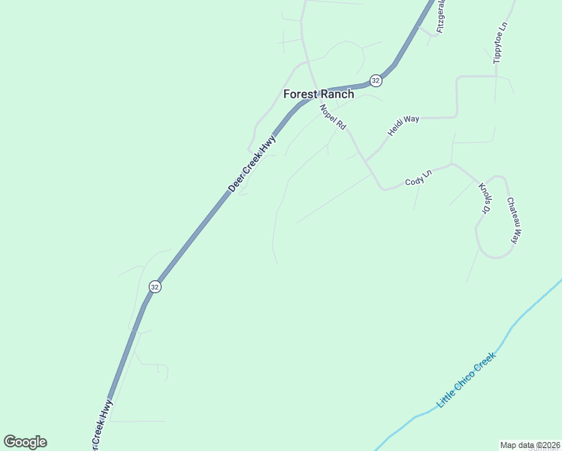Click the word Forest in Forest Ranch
[x=300, y=95]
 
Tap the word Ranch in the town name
[x=337, y=95]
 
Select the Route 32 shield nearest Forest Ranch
[x=376, y=80]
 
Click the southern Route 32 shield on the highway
[x=155, y=286]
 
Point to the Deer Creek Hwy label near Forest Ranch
[x=252, y=164]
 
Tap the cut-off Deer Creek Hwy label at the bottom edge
[x=101, y=426]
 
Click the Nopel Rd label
[x=332, y=118]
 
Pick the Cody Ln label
[x=418, y=178]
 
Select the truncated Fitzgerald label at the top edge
[x=442, y=15]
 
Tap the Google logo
[x=26, y=442]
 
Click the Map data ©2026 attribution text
[x=530, y=445]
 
